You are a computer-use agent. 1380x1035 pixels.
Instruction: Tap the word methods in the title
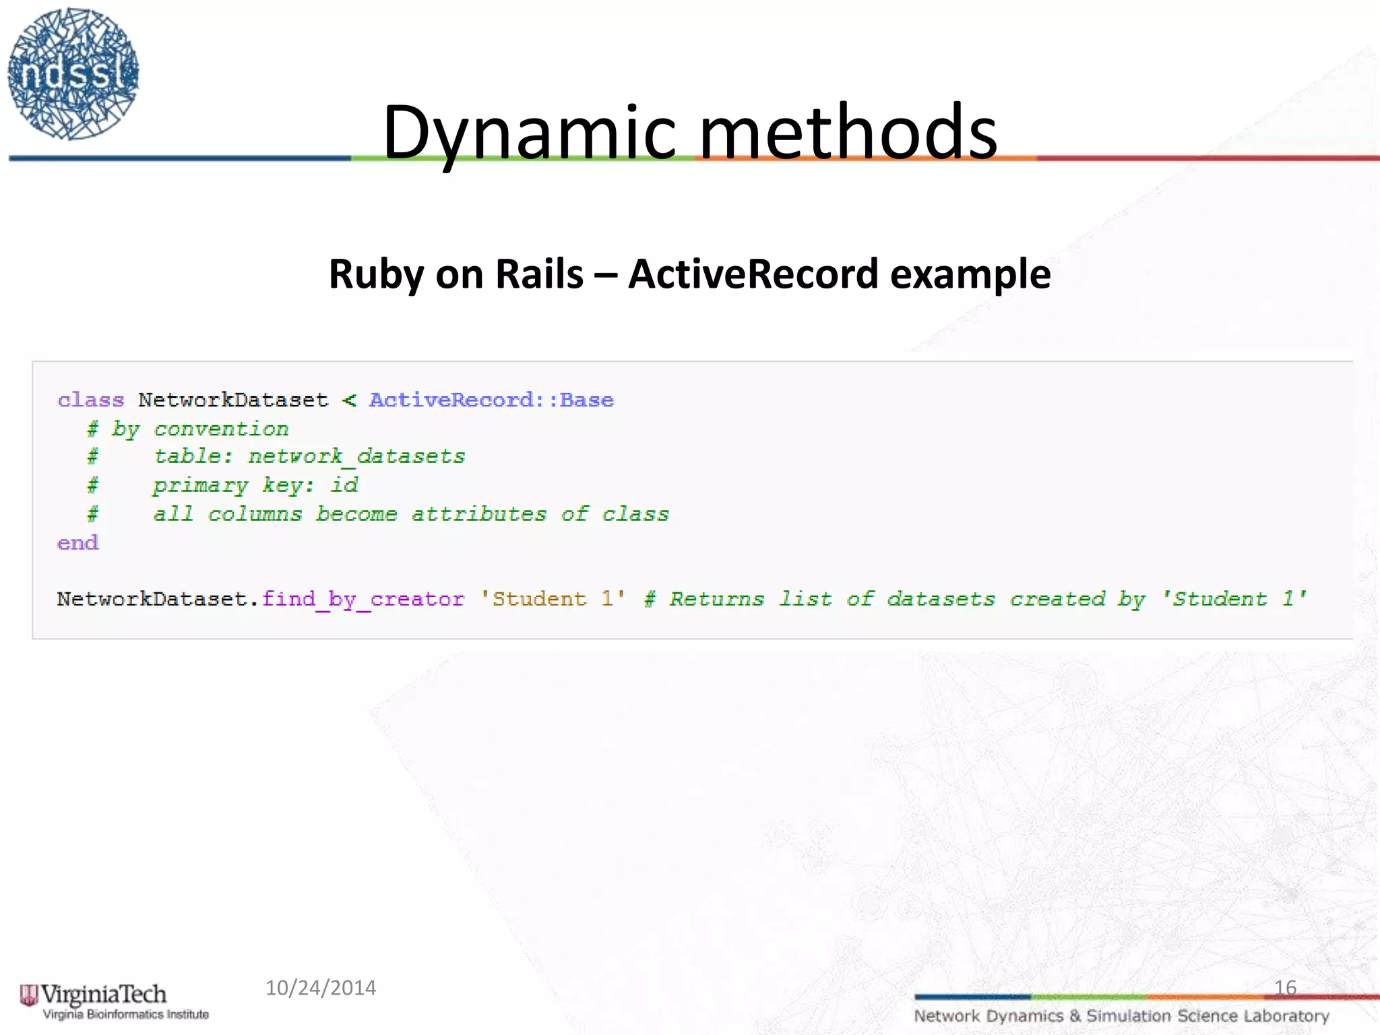point(848,133)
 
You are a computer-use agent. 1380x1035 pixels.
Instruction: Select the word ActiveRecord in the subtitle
point(753,274)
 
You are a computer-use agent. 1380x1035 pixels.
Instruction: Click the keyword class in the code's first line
point(91,400)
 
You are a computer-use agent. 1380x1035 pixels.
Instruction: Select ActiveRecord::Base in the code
point(491,400)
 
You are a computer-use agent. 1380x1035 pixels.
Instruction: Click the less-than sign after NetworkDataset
point(349,401)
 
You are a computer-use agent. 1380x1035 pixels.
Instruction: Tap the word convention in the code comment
point(221,429)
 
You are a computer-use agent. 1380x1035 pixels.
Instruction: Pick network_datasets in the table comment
point(356,457)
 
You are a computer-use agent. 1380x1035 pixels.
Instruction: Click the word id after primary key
point(344,485)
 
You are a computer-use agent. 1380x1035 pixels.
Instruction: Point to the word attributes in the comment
point(478,514)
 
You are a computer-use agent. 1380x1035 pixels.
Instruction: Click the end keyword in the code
point(78,543)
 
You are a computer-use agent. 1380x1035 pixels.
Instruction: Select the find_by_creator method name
point(363,599)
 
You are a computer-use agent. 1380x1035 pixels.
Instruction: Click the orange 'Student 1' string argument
point(553,599)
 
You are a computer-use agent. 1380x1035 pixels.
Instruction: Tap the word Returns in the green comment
point(716,599)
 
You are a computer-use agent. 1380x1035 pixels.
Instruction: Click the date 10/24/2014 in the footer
point(321,988)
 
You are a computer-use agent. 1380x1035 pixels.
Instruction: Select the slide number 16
point(1285,988)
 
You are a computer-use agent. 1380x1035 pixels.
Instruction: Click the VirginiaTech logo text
point(104,995)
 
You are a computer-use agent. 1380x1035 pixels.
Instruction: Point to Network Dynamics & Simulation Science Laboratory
point(1121,1016)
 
